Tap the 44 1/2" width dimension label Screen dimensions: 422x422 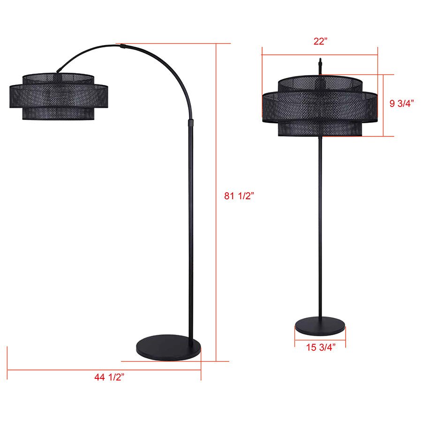pos(108,377)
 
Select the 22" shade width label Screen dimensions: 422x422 pos(320,41)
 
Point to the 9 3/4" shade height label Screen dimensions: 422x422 pos(402,104)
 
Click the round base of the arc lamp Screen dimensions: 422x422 pos(168,347)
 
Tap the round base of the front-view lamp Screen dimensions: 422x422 pos(320,327)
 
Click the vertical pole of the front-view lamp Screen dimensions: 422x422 pos(320,225)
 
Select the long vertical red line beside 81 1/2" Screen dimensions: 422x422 pos(216,202)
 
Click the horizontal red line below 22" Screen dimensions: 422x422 pos(320,55)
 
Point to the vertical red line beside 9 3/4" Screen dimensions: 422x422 pos(384,105)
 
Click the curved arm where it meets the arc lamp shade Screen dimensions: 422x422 pos(59,70)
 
